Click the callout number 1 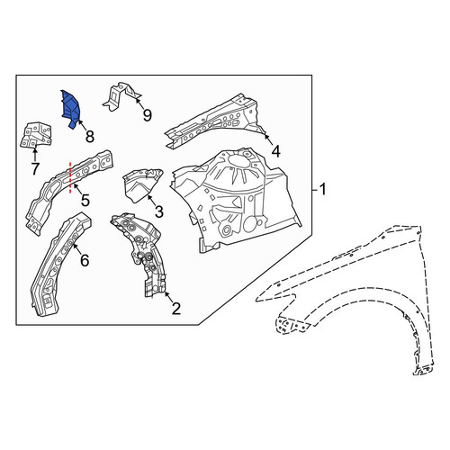coord(322,190)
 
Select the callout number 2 coord(175,309)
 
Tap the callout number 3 coord(158,211)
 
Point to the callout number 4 coord(275,151)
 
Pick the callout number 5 coord(85,200)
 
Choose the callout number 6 coord(85,260)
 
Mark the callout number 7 coord(35,169)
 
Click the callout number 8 coord(90,137)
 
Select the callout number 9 coord(147,115)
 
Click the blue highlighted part coord(71,109)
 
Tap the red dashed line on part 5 coord(70,177)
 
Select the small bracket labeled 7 coord(36,135)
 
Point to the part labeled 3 coord(140,184)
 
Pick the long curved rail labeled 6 coord(60,264)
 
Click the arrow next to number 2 coord(168,296)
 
